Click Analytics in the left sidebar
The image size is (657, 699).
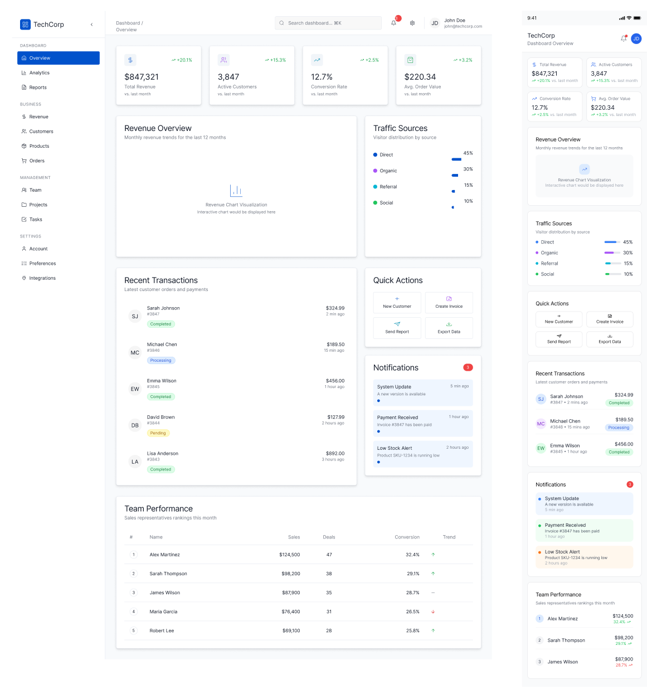(39, 73)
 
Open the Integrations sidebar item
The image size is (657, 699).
(42, 278)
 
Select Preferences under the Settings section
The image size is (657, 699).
(42, 264)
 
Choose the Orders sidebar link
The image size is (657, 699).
(37, 161)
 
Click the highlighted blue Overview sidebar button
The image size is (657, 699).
(59, 58)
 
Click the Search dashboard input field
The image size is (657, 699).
(328, 23)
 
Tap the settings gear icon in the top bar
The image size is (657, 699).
(412, 23)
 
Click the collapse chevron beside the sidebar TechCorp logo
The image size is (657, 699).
(91, 25)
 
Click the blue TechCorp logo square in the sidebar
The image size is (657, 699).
(25, 25)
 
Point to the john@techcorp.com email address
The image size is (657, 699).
(463, 26)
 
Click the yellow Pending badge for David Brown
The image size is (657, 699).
(158, 433)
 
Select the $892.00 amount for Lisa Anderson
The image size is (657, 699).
(335, 454)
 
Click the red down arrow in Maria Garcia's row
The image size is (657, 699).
(433, 612)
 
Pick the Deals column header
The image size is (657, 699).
(329, 537)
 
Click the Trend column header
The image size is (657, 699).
(449, 537)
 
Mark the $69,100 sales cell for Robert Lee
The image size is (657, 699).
(291, 631)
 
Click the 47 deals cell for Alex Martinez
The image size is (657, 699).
(329, 555)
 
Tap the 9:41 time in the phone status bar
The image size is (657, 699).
(532, 18)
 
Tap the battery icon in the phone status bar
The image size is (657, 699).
(637, 18)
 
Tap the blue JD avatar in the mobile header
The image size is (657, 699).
(636, 38)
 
